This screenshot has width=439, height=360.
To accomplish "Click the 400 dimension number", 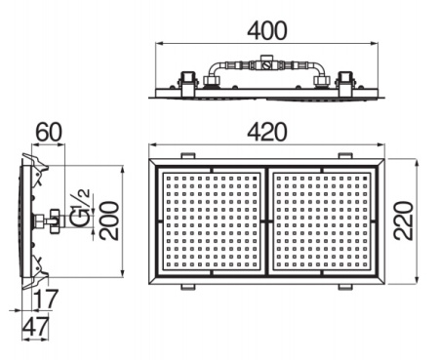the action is (x=267, y=30).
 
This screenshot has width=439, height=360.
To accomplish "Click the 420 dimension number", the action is (x=267, y=132).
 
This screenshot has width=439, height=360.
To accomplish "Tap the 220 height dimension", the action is (x=404, y=220).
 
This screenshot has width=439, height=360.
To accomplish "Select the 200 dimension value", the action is (x=109, y=220).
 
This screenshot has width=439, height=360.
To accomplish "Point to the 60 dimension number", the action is (x=48, y=132).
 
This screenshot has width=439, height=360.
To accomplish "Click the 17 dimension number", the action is (x=47, y=300).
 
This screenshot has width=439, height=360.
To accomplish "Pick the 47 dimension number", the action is (x=36, y=327).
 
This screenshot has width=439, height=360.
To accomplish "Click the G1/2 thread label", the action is (x=80, y=208).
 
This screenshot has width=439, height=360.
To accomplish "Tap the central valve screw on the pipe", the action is (x=266, y=66).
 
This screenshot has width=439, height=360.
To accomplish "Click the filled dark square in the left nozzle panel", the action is (x=255, y=179).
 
